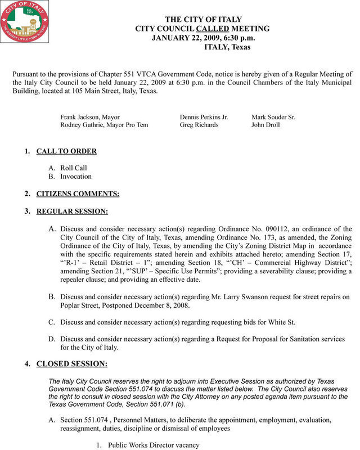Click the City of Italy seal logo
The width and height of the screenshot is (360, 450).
point(25,24)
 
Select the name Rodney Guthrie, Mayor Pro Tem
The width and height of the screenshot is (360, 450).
point(104,125)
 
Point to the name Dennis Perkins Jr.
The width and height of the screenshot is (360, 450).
point(204,117)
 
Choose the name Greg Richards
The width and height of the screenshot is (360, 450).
point(199,125)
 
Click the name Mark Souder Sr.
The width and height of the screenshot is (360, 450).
point(273,117)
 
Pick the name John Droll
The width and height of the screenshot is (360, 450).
point(265,125)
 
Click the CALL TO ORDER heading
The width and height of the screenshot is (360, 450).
point(66,151)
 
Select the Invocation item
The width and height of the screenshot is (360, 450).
point(75,176)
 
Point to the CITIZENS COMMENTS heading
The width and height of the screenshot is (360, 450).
point(78,194)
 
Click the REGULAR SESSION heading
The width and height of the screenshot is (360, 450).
point(72,211)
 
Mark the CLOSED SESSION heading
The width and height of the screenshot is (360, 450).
point(71,364)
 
